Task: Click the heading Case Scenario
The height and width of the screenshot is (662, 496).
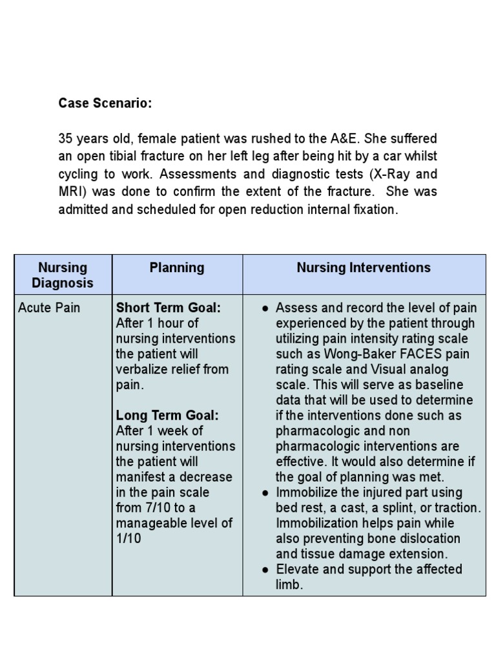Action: click(105, 103)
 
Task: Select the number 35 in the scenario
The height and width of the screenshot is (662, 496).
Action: click(66, 138)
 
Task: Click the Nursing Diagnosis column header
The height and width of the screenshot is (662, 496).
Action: click(63, 275)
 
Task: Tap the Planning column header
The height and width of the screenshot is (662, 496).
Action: click(177, 268)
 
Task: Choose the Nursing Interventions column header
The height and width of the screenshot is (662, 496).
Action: click(364, 268)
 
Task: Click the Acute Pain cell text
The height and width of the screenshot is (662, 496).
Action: click(49, 308)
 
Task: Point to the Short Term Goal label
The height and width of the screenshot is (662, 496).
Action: click(168, 308)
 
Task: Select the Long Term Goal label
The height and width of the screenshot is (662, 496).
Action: click(167, 416)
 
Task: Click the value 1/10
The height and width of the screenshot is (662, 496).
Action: click(129, 539)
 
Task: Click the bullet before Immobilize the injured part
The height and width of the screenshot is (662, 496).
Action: click(265, 493)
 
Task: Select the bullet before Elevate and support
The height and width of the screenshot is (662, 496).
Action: click(265, 570)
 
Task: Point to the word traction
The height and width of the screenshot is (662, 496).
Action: click(456, 508)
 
